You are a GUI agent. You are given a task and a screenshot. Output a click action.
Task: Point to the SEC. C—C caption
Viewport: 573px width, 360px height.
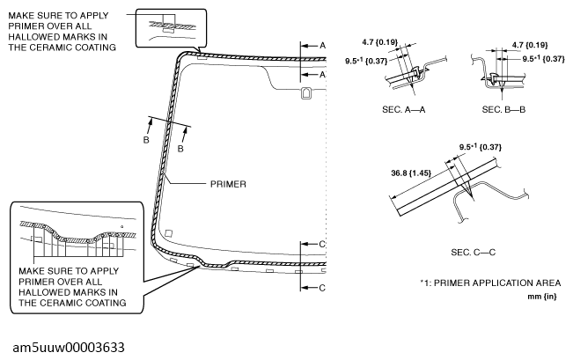tap(473, 253)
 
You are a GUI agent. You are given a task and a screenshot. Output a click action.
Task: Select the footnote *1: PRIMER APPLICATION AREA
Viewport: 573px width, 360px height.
tap(490, 283)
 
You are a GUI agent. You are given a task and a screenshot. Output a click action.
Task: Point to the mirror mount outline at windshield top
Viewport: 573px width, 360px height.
tap(305, 93)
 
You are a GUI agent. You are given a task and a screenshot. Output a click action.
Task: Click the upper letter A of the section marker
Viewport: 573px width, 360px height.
tap(322, 44)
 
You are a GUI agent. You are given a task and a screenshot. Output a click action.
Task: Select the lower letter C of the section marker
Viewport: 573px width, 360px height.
tap(322, 288)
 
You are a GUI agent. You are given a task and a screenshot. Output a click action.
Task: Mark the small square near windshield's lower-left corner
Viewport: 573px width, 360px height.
tap(170, 233)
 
